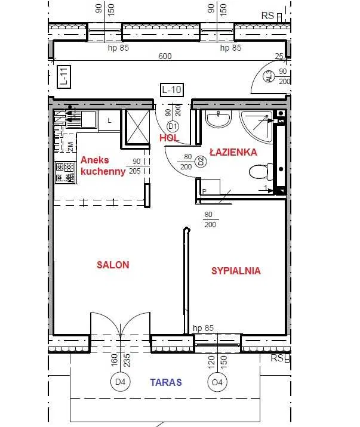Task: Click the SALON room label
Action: point(113,265)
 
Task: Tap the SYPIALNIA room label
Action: point(236,271)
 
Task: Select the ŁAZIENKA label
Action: point(233,151)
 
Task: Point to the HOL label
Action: point(169,138)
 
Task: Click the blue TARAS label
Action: point(166,382)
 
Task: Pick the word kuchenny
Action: point(103,172)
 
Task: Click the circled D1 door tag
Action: point(173,126)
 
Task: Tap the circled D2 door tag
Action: point(201,162)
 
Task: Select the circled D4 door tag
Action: point(120,382)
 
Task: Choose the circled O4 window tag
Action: point(217,382)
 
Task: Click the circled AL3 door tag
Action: point(269,76)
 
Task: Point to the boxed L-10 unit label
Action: point(172,89)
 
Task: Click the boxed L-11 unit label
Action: point(64,77)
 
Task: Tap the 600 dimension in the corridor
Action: point(165,56)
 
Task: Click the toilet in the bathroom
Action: point(261,172)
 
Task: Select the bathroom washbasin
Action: point(219,119)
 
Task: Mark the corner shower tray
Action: point(257,126)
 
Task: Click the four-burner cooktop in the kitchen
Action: point(65,172)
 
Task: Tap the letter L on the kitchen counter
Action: point(109,120)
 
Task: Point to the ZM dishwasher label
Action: point(70,147)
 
